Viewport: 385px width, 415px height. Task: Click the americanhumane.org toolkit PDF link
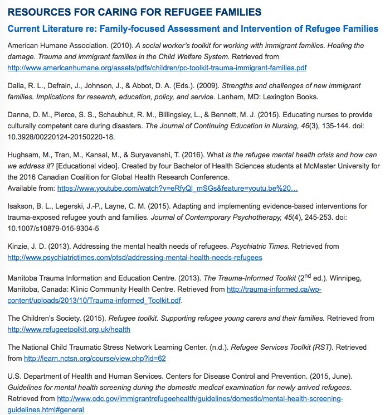point(157,68)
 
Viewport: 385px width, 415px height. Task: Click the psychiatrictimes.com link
point(134,257)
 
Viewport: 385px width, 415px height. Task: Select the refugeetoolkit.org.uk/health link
point(69,329)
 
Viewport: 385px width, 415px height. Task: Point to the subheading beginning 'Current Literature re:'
point(193,28)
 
